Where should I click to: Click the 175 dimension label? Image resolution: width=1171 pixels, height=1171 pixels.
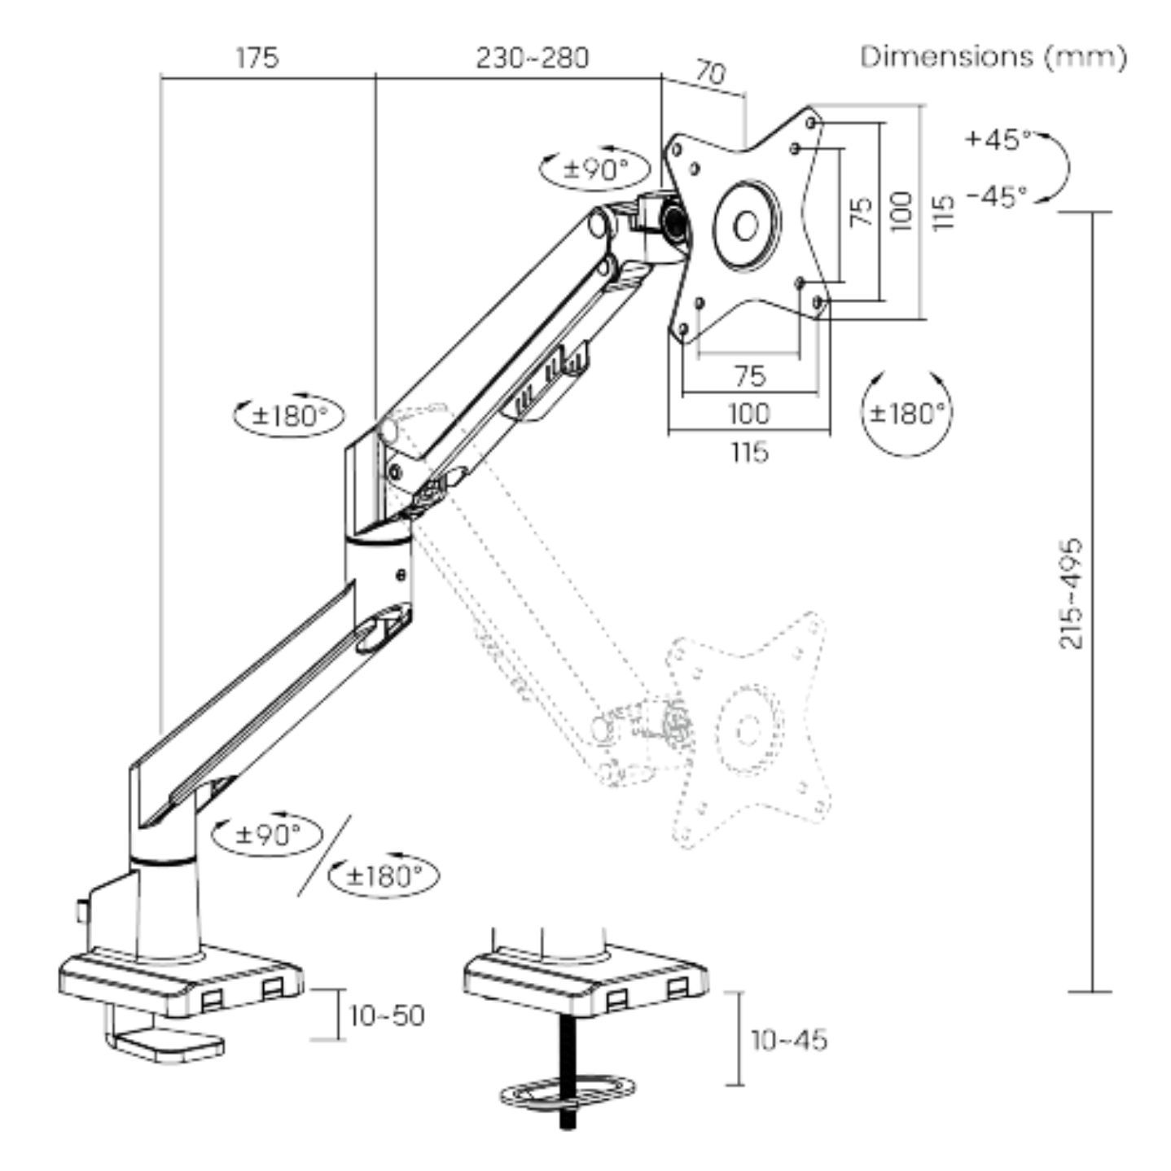pos(257,58)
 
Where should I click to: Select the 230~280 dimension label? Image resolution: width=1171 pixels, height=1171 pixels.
pos(532,58)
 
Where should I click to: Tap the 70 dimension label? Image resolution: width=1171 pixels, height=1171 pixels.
pos(709,75)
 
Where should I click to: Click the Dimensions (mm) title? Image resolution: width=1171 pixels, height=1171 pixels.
pos(993,57)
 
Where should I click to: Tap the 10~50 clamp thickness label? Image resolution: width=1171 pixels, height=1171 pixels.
pos(387,1015)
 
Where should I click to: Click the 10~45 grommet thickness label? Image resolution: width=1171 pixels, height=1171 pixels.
pos(788,1039)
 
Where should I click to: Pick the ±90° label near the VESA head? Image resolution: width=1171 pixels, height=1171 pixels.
pos(597,169)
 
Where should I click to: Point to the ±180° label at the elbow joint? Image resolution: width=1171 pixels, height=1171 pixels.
pos(289,415)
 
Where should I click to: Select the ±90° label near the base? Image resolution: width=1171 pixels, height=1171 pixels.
pos(268,833)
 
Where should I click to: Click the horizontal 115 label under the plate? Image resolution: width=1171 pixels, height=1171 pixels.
pos(749,451)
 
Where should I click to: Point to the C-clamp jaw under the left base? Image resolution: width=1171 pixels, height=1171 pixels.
pos(167,1043)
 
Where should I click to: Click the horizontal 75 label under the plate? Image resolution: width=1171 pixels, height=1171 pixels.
pos(749,375)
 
